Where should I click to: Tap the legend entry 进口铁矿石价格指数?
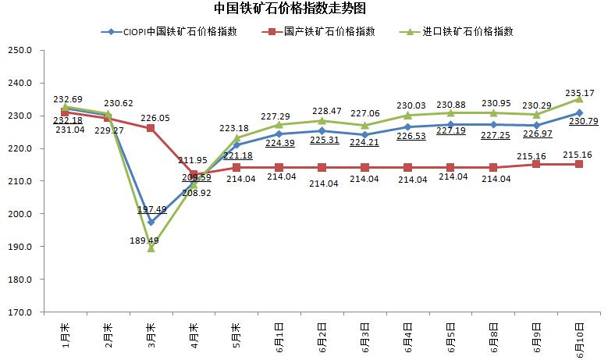tap(458, 32)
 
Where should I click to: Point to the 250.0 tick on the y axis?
tap(19, 51)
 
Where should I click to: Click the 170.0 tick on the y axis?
tap(19, 312)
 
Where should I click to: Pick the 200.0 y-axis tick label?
tap(19, 214)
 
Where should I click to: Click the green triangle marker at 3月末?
tap(151, 248)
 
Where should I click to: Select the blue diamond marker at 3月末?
tap(151, 222)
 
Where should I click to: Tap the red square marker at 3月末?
tap(151, 128)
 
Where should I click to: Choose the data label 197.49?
tap(152, 209)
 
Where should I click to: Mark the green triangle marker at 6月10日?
tap(579, 99)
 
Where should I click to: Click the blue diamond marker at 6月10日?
tap(579, 113)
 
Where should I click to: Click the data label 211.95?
tap(192, 160)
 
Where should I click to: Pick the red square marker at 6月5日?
tap(450, 167)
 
